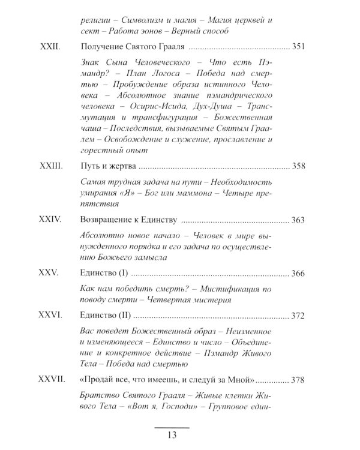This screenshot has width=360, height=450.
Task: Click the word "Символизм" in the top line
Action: click(x=140, y=19)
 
